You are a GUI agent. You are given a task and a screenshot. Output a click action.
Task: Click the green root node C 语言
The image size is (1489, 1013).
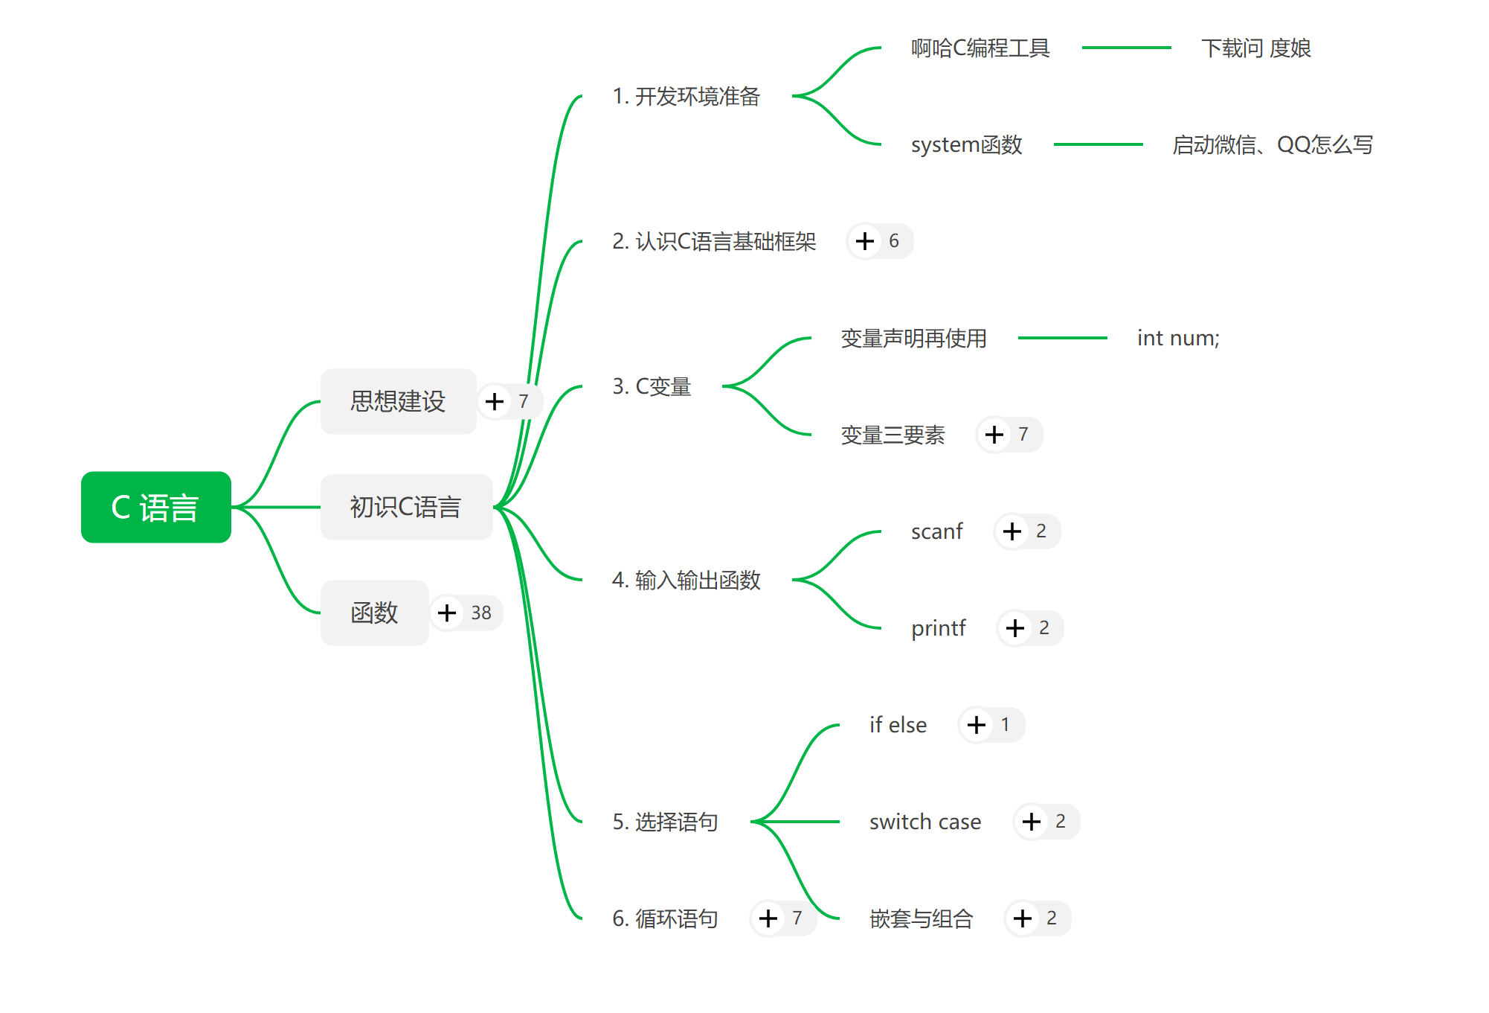point(155,508)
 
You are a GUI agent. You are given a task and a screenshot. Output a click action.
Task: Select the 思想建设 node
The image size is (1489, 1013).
point(398,401)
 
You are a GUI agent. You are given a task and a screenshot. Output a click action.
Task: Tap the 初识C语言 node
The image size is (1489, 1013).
point(406,507)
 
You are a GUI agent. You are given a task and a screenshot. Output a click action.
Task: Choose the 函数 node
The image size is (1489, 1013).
point(374,613)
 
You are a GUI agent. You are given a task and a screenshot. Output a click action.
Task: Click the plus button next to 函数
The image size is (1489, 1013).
point(447,613)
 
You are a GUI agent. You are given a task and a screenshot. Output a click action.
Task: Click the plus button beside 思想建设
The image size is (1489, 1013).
point(495,401)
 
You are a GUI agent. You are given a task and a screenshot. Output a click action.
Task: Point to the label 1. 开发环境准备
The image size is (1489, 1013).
point(686,96)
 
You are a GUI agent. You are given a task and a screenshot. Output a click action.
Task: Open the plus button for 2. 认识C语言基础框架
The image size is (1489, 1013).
point(864,241)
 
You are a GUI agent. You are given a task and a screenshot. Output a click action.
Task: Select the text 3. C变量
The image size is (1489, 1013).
point(652,386)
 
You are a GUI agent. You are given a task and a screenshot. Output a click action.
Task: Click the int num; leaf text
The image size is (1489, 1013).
point(1178,338)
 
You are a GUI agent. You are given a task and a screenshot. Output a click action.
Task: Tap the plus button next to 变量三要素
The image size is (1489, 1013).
point(994,435)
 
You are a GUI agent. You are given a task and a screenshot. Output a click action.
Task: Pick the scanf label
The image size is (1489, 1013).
point(936,531)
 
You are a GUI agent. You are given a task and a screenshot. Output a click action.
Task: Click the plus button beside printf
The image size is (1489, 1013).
point(1015,628)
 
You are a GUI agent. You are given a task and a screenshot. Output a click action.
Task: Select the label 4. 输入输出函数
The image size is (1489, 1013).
point(686,580)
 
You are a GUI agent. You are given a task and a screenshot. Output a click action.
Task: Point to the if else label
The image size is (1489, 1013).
point(898,725)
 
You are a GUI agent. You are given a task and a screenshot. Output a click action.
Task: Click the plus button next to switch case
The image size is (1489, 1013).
point(1032,822)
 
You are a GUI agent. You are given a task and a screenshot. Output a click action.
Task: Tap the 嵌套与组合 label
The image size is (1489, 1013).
point(921,918)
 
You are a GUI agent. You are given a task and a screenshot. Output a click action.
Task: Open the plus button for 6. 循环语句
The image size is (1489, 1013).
point(768,918)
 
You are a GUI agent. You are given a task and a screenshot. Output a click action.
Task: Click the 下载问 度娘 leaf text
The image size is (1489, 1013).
point(1255,48)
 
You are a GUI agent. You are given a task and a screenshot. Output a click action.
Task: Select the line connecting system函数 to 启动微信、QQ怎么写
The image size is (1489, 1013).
point(1098,144)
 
